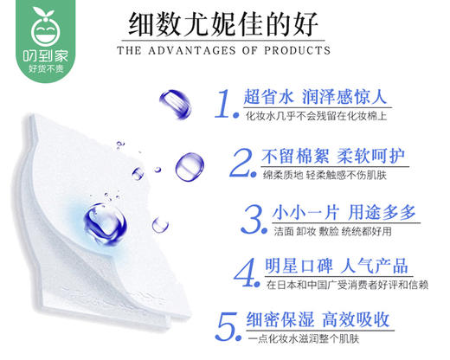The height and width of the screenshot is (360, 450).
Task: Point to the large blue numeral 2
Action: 241,160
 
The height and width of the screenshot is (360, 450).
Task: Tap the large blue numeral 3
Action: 252,215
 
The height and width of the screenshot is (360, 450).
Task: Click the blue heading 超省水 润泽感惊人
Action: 313,96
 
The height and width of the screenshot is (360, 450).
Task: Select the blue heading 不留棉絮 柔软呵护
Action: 335,156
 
